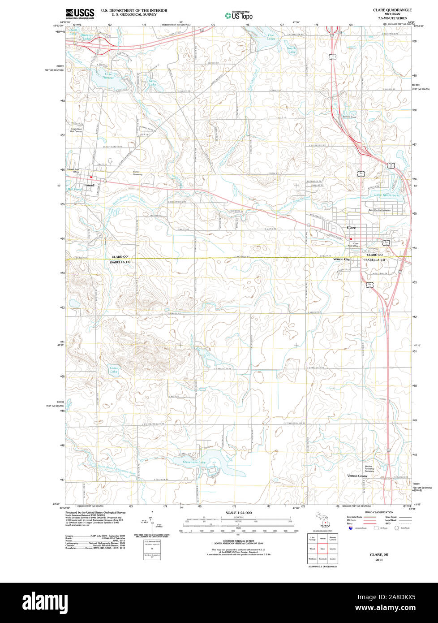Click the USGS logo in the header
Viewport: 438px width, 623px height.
click(x=80, y=13)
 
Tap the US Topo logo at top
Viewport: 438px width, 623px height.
click(x=239, y=15)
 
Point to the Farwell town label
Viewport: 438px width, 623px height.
click(x=90, y=185)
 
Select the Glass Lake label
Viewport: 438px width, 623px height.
click(x=114, y=370)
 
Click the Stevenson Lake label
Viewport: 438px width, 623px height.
click(x=194, y=462)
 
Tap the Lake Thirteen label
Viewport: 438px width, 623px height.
click(x=108, y=76)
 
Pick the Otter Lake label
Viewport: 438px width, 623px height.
click(x=153, y=82)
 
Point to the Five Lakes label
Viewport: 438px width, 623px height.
click(x=271, y=37)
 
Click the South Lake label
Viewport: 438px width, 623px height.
click(x=292, y=50)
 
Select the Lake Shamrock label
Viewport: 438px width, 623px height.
click(x=386, y=195)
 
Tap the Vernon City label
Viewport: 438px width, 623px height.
click(x=341, y=260)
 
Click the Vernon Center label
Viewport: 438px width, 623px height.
click(x=357, y=476)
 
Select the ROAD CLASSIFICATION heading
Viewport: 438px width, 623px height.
click(x=379, y=512)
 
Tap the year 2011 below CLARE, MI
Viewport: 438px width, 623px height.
click(x=379, y=560)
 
